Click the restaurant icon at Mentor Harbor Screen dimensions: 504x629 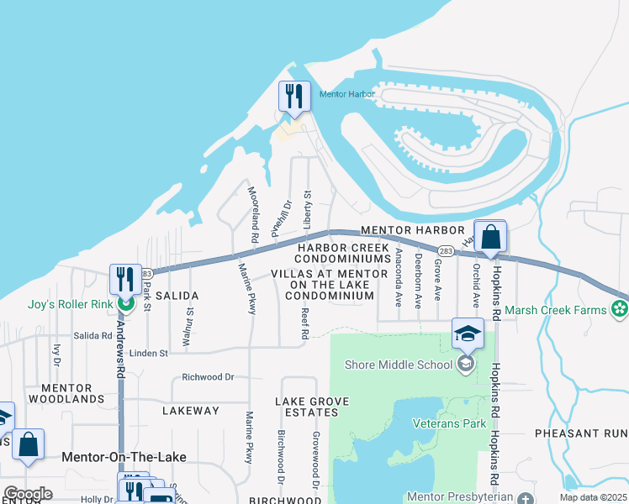coord(294,97)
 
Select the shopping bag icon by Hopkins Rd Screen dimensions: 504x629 coord(491,237)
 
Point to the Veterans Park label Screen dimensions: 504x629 coord(449,423)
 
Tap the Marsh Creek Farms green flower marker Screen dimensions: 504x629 coord(621,310)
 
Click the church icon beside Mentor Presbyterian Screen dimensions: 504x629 coord(526,498)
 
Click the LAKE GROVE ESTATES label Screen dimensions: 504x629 coord(306,407)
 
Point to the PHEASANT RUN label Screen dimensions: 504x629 coord(581,433)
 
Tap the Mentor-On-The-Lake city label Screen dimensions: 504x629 coord(124,456)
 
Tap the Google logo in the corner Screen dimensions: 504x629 coord(28,494)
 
